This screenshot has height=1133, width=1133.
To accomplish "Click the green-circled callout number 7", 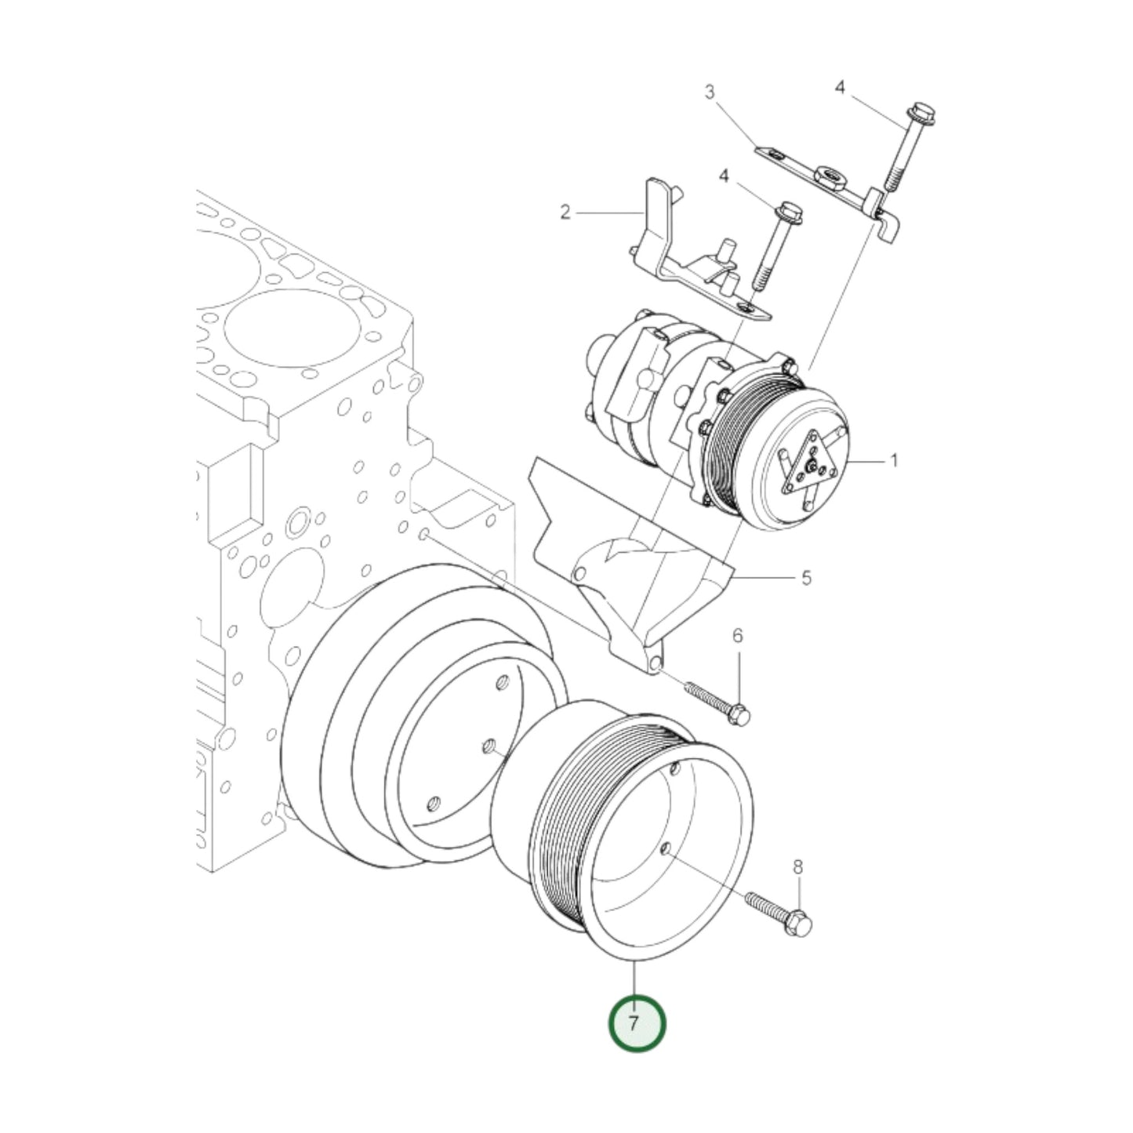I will point(637,1022).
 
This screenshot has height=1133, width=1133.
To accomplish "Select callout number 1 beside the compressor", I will point(893,460).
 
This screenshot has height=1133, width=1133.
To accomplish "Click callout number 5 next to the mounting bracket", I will point(806,578).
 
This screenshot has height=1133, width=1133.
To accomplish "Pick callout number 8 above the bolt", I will point(798,867).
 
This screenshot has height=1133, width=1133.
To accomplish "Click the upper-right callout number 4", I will point(840,87).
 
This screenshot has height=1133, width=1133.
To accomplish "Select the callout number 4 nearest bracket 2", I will point(724,176).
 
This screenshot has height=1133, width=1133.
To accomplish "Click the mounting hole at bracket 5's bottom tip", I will point(652,666).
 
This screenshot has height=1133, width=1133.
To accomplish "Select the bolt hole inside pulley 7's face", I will point(665,848).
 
